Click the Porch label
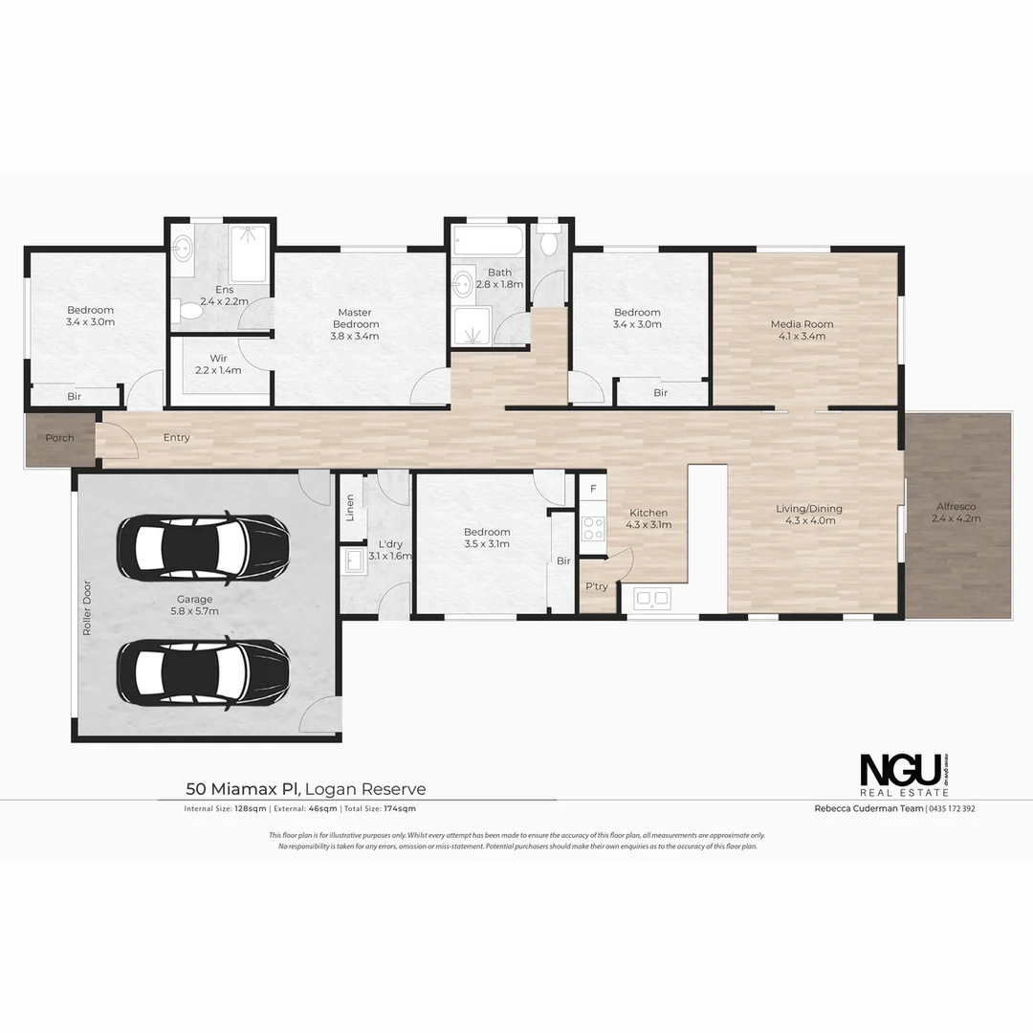tap(59, 438)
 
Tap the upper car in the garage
tap(203, 547)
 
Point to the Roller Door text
tap(86, 608)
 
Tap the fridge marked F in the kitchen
tap(593, 490)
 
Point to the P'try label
tap(597, 586)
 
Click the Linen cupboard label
tap(350, 506)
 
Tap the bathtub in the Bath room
tap(487, 238)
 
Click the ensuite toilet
tap(189, 310)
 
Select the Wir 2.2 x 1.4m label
tap(218, 363)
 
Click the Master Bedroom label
tap(354, 323)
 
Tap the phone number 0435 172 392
tap(953, 808)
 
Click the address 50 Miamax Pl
tap(243, 789)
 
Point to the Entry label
tap(176, 438)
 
